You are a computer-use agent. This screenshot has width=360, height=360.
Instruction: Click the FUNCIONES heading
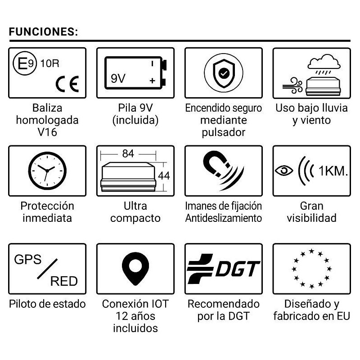44,32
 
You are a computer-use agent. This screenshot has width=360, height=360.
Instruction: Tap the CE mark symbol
67,84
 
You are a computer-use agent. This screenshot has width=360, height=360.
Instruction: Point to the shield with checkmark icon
224,72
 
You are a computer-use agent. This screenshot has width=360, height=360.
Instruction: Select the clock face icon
47,170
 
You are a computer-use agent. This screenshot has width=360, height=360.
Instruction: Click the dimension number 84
128,154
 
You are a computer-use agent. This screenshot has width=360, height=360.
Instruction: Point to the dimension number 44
164,175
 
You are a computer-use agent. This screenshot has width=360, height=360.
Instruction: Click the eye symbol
284,171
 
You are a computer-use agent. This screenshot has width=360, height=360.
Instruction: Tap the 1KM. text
333,171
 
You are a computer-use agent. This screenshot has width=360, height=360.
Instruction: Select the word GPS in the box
28,260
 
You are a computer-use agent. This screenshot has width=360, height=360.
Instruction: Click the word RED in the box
64,282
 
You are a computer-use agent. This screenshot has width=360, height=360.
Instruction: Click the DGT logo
224,269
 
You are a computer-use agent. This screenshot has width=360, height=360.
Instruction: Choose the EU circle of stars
311,269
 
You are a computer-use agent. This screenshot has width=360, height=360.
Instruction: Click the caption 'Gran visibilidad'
311,212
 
